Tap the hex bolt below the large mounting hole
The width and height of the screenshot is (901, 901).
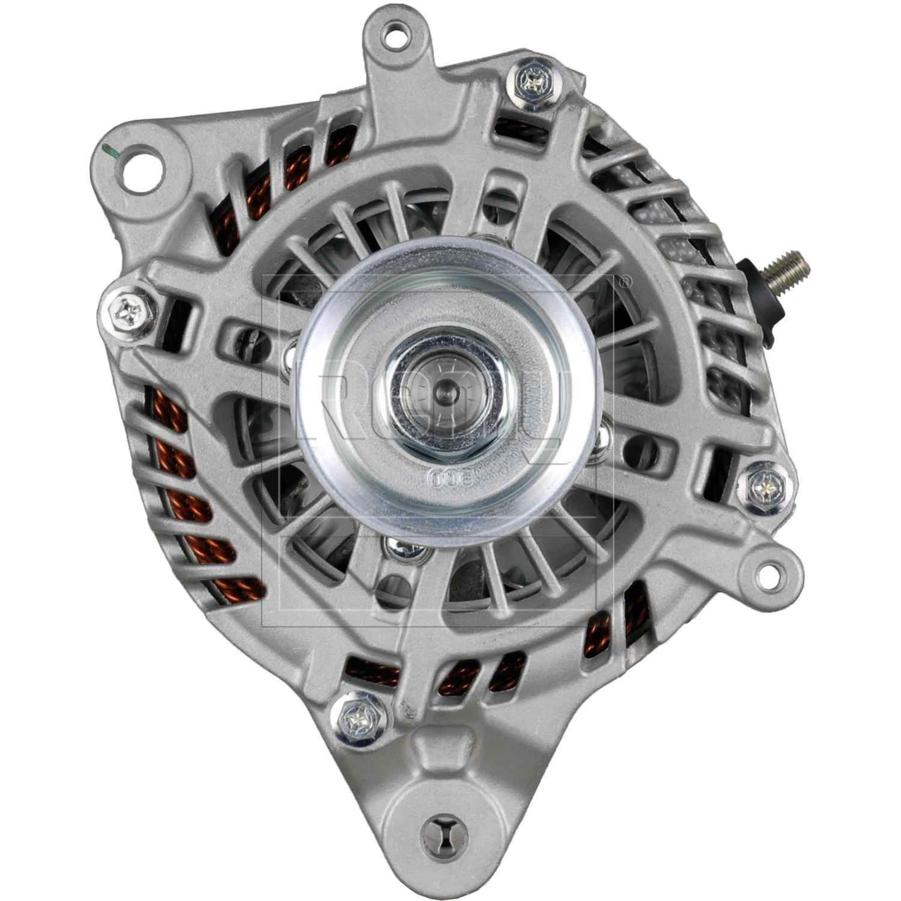(130, 309)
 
